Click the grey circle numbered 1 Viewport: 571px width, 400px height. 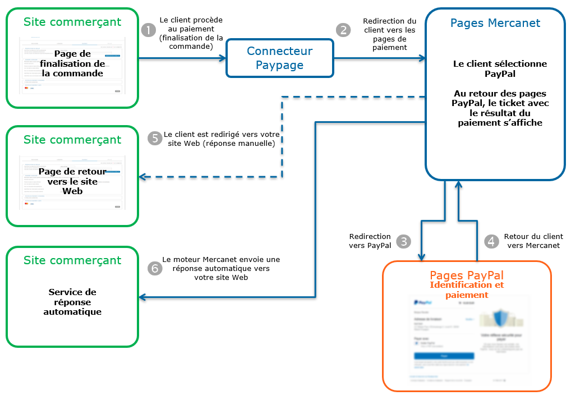pos(148,30)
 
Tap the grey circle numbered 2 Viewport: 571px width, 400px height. pos(343,30)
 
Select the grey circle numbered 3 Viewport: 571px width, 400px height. pos(403,241)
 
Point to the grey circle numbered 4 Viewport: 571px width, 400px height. pos(492,241)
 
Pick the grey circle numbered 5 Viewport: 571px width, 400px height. pos(155,139)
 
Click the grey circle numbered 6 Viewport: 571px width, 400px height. pos(155,268)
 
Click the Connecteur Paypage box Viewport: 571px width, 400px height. pos(279,58)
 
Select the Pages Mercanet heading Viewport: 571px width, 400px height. pos(495,23)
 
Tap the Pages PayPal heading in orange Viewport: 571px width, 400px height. pos(466,275)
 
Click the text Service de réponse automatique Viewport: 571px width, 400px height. pos(72,302)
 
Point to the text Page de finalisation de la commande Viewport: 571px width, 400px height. pos(72,63)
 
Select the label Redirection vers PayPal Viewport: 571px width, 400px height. pos(370,241)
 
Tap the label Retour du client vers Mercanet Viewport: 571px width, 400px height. pos(533,241)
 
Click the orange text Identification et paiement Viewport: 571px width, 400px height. pos(466,290)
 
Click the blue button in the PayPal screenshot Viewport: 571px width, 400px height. pos(444,356)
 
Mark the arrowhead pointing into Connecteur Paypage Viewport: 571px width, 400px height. pos(222,58)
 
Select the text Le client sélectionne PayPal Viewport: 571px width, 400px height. pos(499,68)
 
